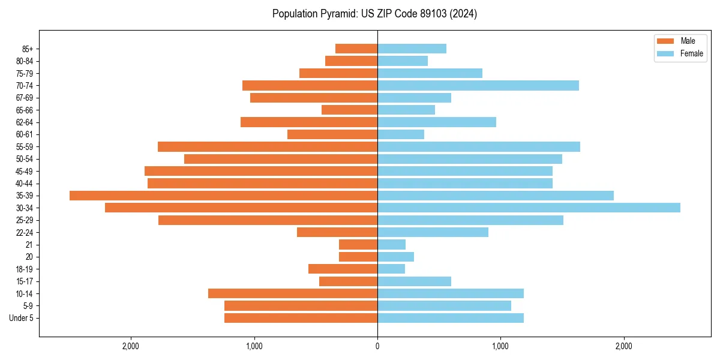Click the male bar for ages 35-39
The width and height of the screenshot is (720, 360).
pyautogui.click(x=223, y=196)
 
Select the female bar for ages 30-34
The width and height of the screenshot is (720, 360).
pyautogui.click(x=529, y=208)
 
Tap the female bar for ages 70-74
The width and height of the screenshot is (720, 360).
pyautogui.click(x=478, y=86)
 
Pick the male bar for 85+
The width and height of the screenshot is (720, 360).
pyautogui.click(x=356, y=49)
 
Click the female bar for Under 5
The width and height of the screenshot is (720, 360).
pyautogui.click(x=451, y=318)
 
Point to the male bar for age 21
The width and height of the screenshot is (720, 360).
pyautogui.click(x=358, y=245)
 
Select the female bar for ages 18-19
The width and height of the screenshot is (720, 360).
pyautogui.click(x=391, y=269)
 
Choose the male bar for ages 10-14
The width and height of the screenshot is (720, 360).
pyautogui.click(x=293, y=293)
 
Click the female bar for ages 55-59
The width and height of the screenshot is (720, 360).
pyautogui.click(x=479, y=147)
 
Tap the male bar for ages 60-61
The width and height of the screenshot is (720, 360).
pyautogui.click(x=332, y=134)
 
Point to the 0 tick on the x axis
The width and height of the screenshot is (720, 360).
pyautogui.click(x=377, y=346)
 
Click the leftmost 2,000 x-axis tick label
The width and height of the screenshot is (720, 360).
pyautogui.click(x=131, y=346)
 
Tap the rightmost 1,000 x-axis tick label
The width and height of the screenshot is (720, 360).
pyautogui.click(x=500, y=346)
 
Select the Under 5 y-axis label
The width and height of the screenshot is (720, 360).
pyautogui.click(x=21, y=318)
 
